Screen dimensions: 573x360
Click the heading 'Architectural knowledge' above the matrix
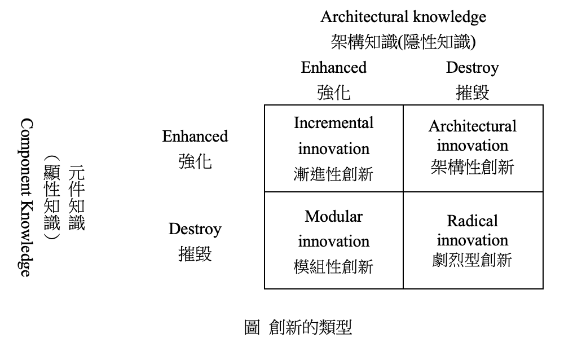click(x=403, y=17)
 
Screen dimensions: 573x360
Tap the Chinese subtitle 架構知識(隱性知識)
click(x=403, y=42)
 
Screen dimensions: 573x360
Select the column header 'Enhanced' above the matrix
click(x=334, y=68)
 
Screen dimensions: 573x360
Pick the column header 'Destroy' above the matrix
click(x=472, y=68)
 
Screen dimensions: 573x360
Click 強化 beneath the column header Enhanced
click(x=334, y=93)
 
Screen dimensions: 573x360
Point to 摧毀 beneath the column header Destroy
click(x=472, y=93)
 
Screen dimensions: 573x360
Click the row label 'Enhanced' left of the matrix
click(x=195, y=137)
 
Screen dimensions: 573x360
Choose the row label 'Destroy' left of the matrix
click(x=195, y=230)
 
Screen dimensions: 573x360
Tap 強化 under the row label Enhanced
click(x=195, y=161)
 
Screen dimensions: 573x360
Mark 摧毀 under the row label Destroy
click(x=195, y=254)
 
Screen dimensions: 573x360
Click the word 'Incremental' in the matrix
click(x=334, y=123)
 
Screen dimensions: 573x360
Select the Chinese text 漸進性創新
click(x=334, y=174)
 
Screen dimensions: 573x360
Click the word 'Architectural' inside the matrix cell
click(x=473, y=126)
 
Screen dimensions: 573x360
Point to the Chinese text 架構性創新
click(x=473, y=167)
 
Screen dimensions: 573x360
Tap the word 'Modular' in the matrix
click(x=334, y=216)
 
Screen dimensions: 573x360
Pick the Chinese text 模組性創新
click(x=334, y=267)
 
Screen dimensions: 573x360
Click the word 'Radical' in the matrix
click(x=473, y=221)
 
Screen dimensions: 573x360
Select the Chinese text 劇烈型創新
click(x=472, y=260)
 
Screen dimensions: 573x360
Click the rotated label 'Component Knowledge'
click(x=27, y=197)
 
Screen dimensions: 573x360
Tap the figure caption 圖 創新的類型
click(x=298, y=327)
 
